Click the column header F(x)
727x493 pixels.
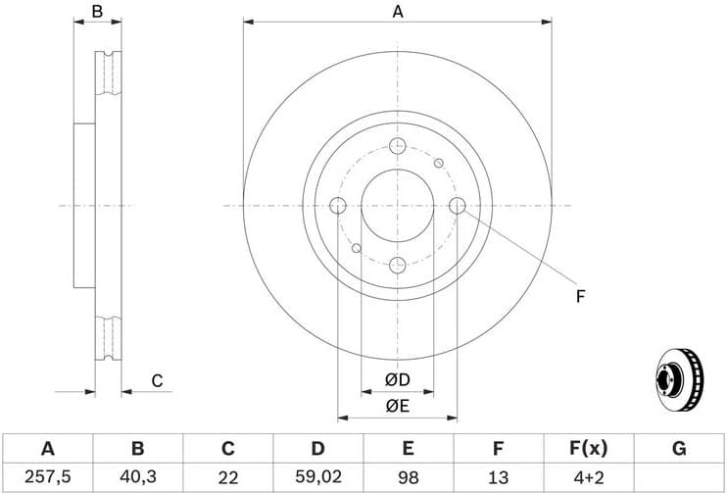[x=588, y=449]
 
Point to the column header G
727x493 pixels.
[x=678, y=449]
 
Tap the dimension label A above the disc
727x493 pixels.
[x=398, y=12]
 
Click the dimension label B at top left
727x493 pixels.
[x=97, y=12]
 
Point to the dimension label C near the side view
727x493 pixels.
[x=156, y=380]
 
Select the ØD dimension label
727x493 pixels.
[x=397, y=380]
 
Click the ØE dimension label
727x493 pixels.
[x=397, y=406]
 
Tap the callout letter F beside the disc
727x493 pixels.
[x=580, y=295]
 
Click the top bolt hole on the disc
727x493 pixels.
[x=398, y=146]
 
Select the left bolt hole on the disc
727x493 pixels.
[x=338, y=206]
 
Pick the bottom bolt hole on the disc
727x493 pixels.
[x=398, y=265]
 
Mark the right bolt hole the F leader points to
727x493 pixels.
[x=458, y=206]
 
